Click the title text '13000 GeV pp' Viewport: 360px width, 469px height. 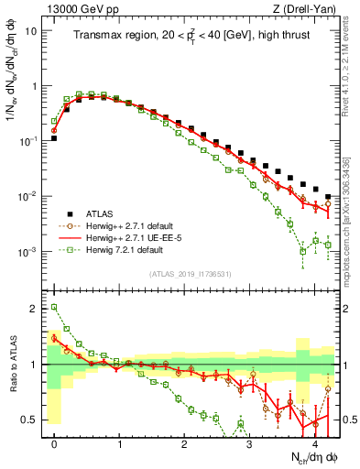tap(76, 9)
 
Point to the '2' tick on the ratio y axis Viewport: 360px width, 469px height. tap(35, 309)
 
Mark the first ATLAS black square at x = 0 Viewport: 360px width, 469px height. tap(54, 138)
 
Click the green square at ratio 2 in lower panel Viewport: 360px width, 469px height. tap(54, 308)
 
